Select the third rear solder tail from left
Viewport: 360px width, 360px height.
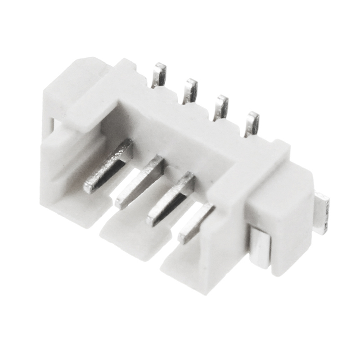tap(220, 108)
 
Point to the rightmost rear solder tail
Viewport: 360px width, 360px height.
tap(252, 124)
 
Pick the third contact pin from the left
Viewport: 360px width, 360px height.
tap(171, 198)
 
